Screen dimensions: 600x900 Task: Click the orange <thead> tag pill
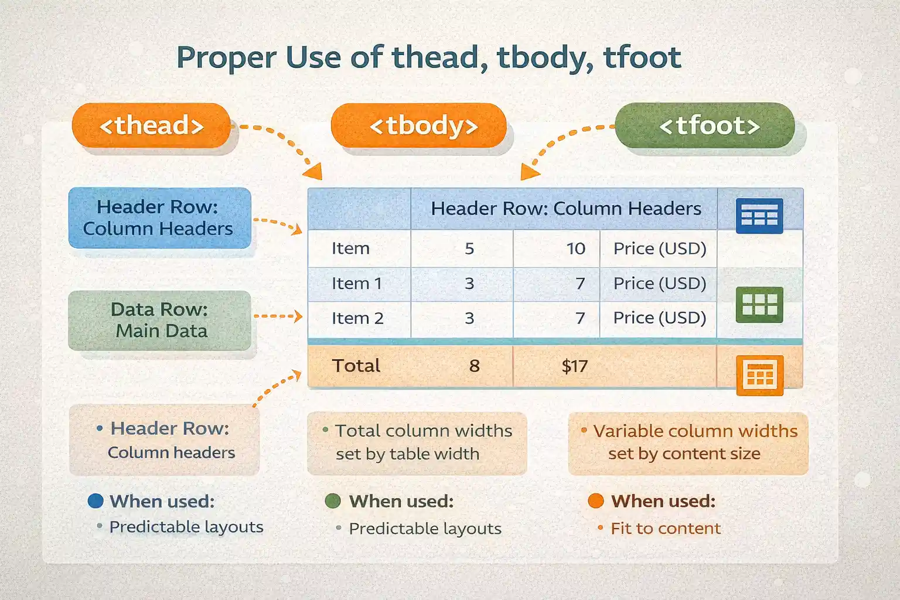(151, 125)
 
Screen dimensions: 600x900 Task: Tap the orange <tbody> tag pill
(418, 125)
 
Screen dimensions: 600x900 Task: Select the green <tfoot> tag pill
(705, 125)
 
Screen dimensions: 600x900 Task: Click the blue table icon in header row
(759, 216)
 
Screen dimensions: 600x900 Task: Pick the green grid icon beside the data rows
(759, 305)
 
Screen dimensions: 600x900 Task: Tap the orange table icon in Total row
(759, 375)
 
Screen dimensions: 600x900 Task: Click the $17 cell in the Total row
(574, 366)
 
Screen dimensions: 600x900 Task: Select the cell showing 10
(575, 248)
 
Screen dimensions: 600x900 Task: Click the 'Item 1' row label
(356, 284)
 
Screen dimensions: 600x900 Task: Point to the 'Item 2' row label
(357, 318)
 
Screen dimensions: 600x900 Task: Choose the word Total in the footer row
(356, 366)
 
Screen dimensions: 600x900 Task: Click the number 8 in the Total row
(474, 366)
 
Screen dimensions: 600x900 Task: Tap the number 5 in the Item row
(469, 248)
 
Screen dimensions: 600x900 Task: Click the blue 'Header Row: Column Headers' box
(159, 217)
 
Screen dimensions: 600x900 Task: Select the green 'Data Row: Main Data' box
(159, 320)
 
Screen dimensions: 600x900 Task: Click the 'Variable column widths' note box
(688, 442)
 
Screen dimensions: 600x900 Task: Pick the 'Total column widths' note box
(417, 442)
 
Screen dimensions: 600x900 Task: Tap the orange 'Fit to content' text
(665, 529)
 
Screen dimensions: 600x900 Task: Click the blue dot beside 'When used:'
(96, 501)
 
